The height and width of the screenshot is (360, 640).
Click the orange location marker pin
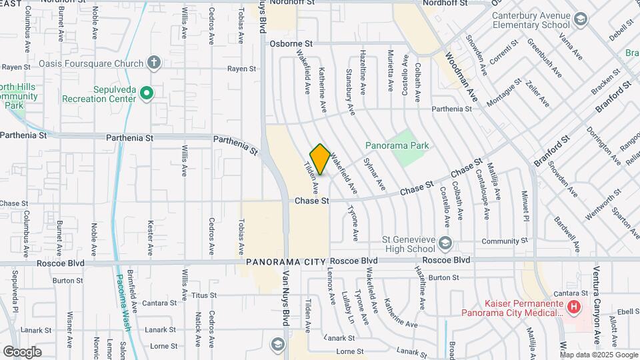pyautogui.click(x=320, y=159)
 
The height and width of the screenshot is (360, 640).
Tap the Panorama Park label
pyautogui.click(x=397, y=145)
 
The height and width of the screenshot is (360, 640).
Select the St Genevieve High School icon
pyautogui.click(x=445, y=241)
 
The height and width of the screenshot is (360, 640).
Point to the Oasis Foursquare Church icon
pyautogui.click(x=154, y=63)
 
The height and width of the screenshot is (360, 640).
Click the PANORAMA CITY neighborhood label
pyautogui.click(x=286, y=261)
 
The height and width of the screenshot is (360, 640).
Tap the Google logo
pyautogui.click(x=22, y=351)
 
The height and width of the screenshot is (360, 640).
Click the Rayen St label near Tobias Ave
pyautogui.click(x=241, y=69)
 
